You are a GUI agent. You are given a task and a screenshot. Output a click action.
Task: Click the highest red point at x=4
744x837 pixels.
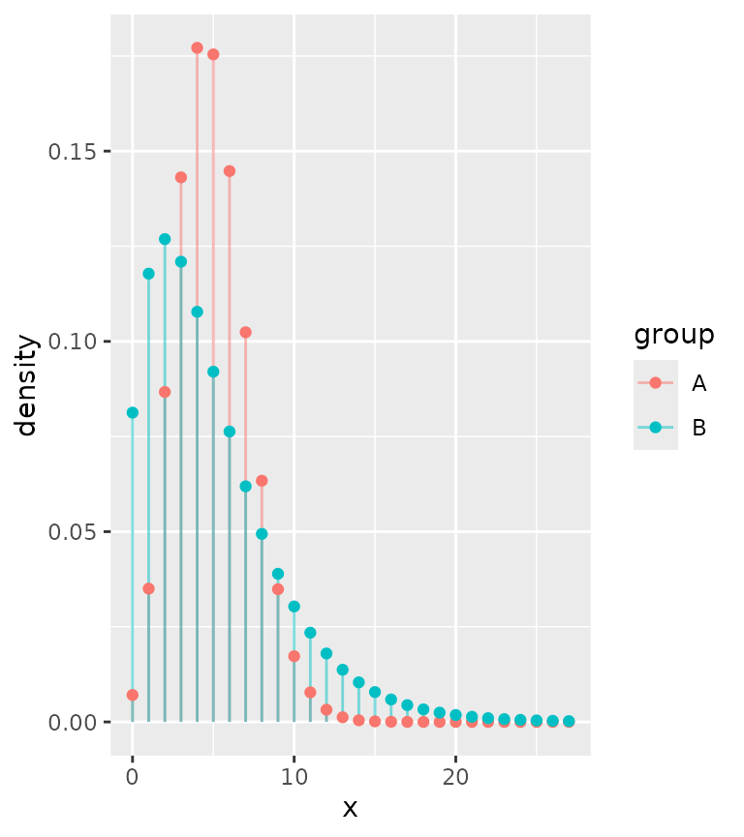197,47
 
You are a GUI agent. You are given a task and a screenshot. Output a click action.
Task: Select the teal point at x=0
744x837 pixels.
133,412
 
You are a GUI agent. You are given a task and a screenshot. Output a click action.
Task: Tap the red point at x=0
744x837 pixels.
133,695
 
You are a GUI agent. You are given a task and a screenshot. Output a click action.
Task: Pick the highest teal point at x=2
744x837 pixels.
165,239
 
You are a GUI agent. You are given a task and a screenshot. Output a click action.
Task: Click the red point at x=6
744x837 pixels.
230,171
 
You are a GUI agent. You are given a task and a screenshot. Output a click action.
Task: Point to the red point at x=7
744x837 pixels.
245,332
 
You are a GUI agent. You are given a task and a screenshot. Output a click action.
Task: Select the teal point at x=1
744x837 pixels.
148,274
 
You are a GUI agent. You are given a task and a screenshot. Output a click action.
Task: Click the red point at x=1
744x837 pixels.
148,588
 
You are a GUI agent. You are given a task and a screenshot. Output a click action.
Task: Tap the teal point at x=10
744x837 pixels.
294,607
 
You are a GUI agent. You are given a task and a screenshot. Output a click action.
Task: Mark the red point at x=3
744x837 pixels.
181,177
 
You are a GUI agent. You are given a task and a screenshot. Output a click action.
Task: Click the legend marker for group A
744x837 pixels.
655,383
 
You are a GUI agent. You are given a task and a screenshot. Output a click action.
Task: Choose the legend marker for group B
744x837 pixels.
655,428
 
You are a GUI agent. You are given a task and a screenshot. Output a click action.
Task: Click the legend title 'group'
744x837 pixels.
674,335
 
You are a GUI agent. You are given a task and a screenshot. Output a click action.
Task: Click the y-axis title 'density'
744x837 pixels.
27,385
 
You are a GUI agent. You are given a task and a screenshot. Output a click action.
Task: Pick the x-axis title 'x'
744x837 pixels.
350,808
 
